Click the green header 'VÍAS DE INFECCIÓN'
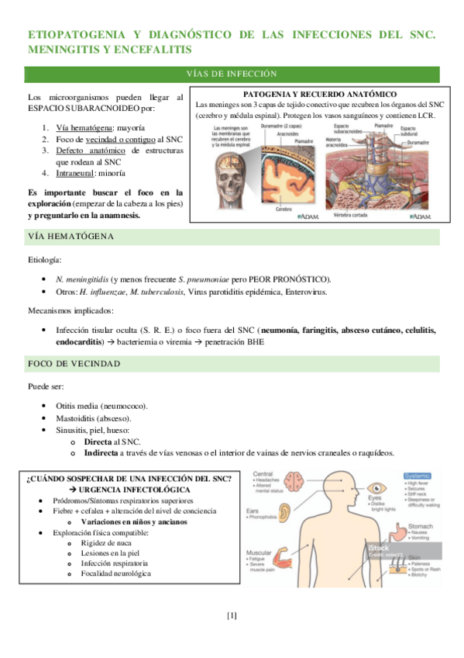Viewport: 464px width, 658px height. pyautogui.click(x=232, y=74)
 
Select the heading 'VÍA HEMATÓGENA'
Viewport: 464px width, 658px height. pyautogui.click(x=70, y=236)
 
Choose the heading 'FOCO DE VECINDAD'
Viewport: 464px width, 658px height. pyautogui.click(x=74, y=363)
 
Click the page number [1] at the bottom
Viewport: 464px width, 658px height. pyautogui.click(x=232, y=616)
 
